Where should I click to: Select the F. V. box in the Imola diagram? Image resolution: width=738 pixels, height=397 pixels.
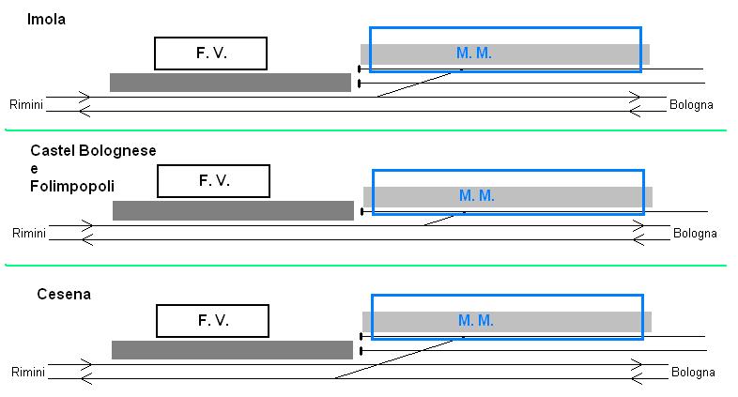click(211, 53)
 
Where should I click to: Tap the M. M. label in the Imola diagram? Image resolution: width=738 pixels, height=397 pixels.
click(474, 53)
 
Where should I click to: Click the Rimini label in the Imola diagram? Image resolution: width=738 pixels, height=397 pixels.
click(26, 104)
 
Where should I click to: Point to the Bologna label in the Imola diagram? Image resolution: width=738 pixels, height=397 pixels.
click(691, 104)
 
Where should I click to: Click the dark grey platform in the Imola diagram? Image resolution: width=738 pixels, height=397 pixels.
click(230, 83)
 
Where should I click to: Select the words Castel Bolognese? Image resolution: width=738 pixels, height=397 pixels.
click(93, 151)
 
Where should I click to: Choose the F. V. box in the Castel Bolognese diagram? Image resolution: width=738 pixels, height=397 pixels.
click(213, 181)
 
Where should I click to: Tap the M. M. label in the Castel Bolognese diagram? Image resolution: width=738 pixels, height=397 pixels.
click(477, 196)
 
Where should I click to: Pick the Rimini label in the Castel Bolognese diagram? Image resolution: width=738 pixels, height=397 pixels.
click(29, 233)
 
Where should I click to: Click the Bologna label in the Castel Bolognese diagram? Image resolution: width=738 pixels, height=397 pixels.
click(695, 233)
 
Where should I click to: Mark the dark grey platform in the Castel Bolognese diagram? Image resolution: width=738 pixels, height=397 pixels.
click(233, 210)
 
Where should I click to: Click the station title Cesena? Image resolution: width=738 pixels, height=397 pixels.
click(63, 295)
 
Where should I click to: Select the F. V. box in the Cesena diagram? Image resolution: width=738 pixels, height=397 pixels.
click(213, 321)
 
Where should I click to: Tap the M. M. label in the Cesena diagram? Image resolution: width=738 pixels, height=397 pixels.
click(476, 321)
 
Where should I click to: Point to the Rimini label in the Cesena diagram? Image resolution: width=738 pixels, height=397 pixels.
click(29, 373)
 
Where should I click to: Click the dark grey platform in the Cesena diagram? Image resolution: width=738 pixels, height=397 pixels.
click(232, 350)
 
